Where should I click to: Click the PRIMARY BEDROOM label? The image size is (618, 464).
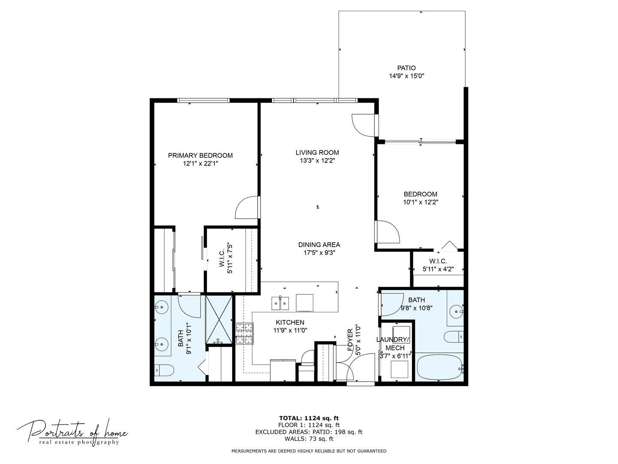pyautogui.click(x=200, y=156)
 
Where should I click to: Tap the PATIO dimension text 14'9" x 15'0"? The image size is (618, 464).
pyautogui.click(x=406, y=76)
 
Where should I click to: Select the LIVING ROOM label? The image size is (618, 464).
pyautogui.click(x=317, y=153)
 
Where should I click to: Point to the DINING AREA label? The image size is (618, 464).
pyautogui.click(x=319, y=245)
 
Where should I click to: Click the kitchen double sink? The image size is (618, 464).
pyautogui.click(x=280, y=303)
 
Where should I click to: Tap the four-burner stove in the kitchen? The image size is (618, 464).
pyautogui.click(x=244, y=333)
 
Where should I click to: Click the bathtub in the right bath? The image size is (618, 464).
pyautogui.click(x=440, y=367)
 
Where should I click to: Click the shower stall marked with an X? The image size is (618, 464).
pyautogui.click(x=219, y=319)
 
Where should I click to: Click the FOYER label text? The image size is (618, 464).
pyautogui.click(x=351, y=340)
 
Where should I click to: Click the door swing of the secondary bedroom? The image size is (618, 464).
pyautogui.click(x=388, y=232)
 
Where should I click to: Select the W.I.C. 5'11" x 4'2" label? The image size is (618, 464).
pyautogui.click(x=438, y=265)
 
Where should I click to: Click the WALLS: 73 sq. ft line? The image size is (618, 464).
pyautogui.click(x=309, y=439)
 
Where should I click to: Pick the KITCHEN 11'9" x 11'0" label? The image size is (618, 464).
pyautogui.click(x=290, y=326)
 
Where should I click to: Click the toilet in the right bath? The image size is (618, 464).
pyautogui.click(x=453, y=336)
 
